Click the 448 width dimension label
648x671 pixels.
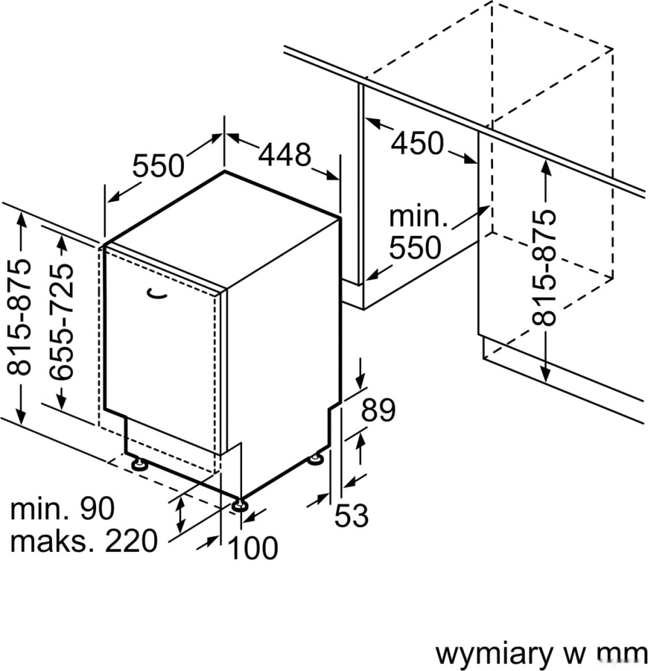(285, 156)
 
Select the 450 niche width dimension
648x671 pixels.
(417, 143)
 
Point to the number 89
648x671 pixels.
(378, 411)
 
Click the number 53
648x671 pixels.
(351, 516)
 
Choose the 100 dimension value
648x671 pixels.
(253, 549)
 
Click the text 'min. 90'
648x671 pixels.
(62, 510)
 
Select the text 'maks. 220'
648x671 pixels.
(84, 542)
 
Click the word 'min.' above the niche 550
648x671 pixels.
(418, 217)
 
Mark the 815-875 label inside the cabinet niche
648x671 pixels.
(546, 267)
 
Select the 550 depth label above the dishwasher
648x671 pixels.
(158, 167)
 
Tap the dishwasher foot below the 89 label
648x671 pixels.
(316, 457)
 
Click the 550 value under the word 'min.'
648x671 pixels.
(415, 248)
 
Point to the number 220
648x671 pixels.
(131, 542)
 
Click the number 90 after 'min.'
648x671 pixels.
(97, 510)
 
